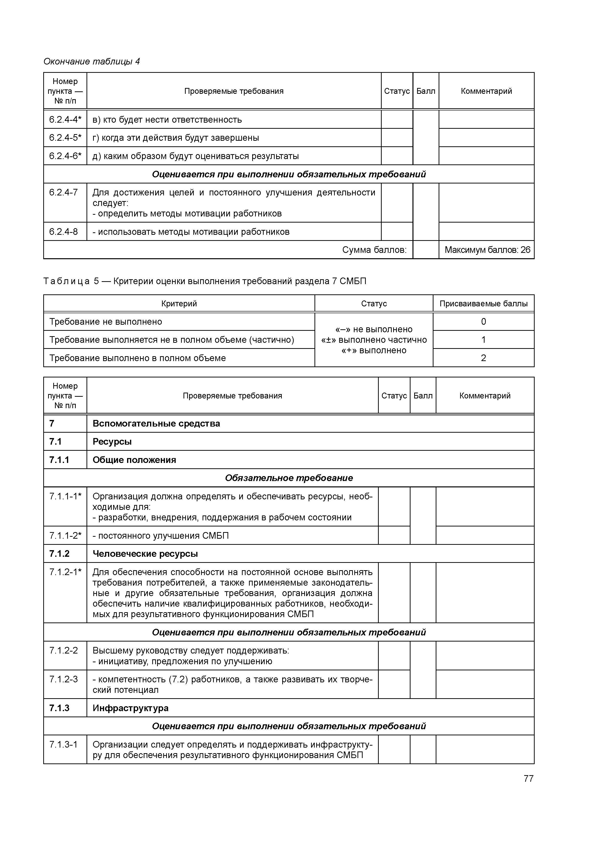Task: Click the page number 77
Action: click(x=528, y=778)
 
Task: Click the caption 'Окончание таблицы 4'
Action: click(x=91, y=62)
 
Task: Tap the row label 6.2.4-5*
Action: click(x=65, y=138)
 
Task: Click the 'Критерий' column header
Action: click(x=179, y=303)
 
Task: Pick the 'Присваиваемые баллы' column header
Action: click(x=483, y=303)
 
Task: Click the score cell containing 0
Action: click(x=483, y=321)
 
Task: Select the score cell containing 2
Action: click(x=483, y=358)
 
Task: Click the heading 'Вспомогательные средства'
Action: click(x=156, y=423)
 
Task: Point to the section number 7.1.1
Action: click(x=59, y=460)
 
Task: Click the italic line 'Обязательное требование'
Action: click(x=289, y=478)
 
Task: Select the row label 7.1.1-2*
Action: click(x=65, y=536)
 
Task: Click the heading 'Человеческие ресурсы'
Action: click(x=145, y=554)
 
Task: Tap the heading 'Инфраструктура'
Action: click(x=130, y=708)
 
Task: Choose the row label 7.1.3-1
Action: click(x=64, y=745)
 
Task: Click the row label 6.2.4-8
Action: click(x=64, y=232)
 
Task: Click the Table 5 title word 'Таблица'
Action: click(x=66, y=281)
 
